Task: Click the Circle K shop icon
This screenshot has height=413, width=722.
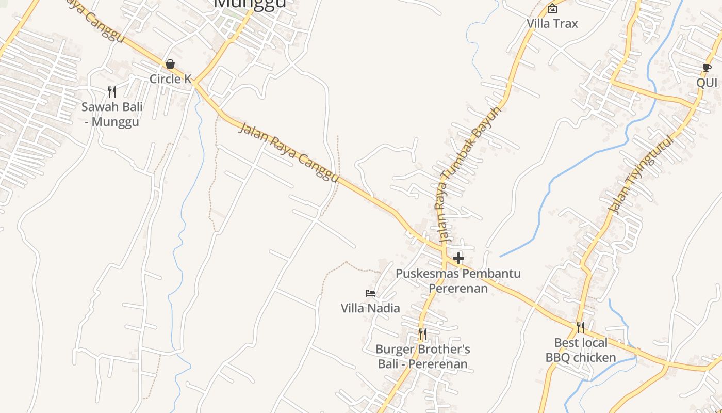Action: [x=170, y=64]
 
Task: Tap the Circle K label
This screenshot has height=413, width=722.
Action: [x=170, y=79]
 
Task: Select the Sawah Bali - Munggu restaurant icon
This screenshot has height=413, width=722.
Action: [x=112, y=91]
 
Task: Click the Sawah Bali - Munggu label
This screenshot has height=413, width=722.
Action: [x=112, y=115]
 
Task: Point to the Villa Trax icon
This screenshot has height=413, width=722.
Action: [x=552, y=8]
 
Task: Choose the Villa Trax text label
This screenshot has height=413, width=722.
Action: [x=552, y=24]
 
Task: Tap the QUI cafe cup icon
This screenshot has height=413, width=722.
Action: [x=707, y=68]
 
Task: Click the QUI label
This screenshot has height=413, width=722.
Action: [x=707, y=83]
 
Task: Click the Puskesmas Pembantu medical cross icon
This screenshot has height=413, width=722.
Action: [x=458, y=258]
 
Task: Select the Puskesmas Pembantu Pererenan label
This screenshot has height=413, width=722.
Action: [x=458, y=280]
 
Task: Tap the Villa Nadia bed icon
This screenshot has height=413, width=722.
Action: [x=370, y=293]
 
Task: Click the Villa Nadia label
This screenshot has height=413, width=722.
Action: [x=370, y=308]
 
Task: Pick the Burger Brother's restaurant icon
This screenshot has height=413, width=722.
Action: [x=422, y=334]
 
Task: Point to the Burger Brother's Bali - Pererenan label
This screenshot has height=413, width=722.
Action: [x=423, y=357]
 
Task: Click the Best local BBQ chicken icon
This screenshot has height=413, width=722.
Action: [x=581, y=327]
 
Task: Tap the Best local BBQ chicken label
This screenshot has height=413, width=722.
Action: [x=581, y=350]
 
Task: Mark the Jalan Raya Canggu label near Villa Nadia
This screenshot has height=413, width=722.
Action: [x=289, y=153]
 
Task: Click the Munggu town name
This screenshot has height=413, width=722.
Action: [x=250, y=4]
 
